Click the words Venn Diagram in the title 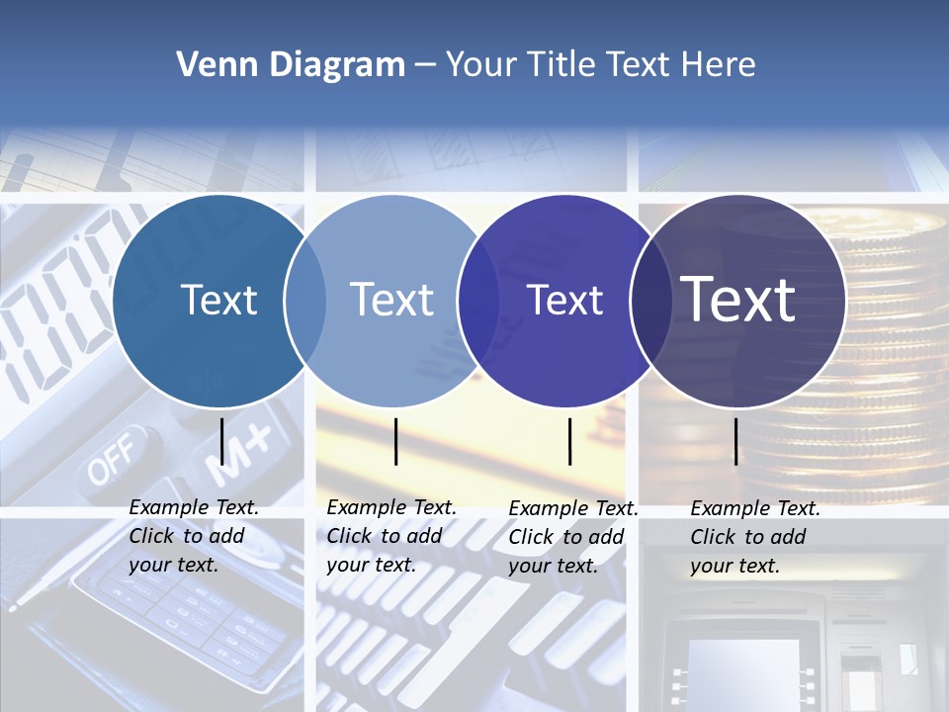click(291, 65)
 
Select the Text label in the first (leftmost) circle click(218, 300)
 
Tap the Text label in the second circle click(392, 300)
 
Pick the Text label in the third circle click(565, 300)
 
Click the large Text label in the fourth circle click(738, 300)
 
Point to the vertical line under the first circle click(222, 441)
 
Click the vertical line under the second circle click(396, 441)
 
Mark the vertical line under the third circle click(570, 441)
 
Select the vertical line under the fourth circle click(736, 441)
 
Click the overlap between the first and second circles click(305, 301)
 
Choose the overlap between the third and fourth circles click(650, 301)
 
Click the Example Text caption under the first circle click(194, 536)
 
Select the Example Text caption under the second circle click(391, 536)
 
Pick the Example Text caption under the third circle click(573, 537)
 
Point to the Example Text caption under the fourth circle click(755, 537)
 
